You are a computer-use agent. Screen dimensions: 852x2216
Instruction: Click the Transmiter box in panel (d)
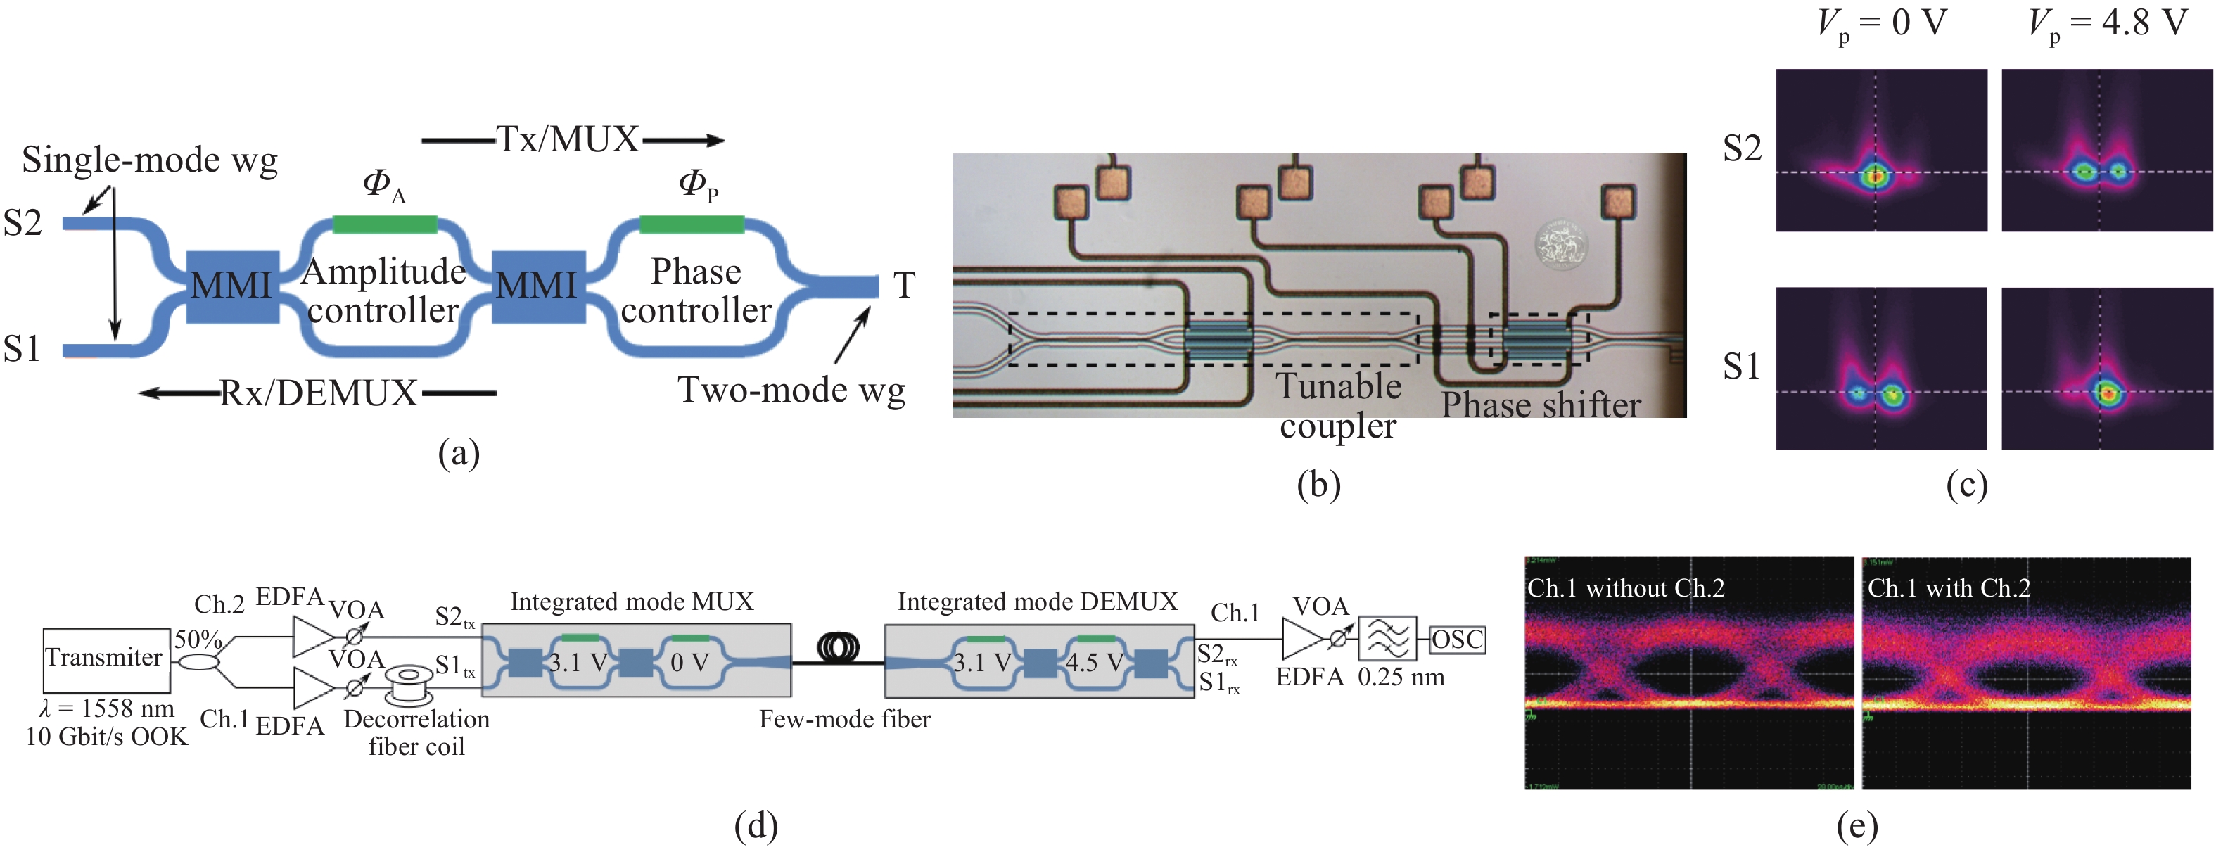click(x=106, y=659)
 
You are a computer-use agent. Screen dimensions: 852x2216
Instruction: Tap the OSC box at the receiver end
click(x=1457, y=640)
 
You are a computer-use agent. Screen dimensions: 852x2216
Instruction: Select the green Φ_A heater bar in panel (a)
click(x=385, y=225)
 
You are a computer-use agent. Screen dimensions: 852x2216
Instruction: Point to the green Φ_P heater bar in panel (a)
click(x=692, y=225)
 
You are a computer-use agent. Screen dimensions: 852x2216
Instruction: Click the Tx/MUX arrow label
click(x=568, y=139)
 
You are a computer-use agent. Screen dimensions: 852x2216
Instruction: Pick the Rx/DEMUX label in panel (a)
click(x=318, y=393)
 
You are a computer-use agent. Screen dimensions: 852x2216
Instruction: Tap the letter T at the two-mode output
click(x=904, y=286)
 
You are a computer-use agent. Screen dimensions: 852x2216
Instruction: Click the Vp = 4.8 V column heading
click(x=2107, y=23)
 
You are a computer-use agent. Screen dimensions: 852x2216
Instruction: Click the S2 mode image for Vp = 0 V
click(x=1881, y=151)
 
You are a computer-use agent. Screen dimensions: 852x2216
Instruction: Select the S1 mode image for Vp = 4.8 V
click(x=2107, y=369)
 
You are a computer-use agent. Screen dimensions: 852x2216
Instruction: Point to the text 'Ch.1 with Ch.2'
click(x=1949, y=589)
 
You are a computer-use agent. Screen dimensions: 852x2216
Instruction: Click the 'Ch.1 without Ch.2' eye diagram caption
click(x=1625, y=589)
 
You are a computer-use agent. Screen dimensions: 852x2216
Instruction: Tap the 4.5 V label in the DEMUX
click(x=1094, y=663)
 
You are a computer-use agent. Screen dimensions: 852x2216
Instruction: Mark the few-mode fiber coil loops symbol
click(x=838, y=647)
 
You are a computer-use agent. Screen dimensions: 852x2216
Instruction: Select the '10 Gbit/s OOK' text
click(x=107, y=737)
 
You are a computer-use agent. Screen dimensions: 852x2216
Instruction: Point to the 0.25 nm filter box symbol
click(x=1387, y=640)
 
